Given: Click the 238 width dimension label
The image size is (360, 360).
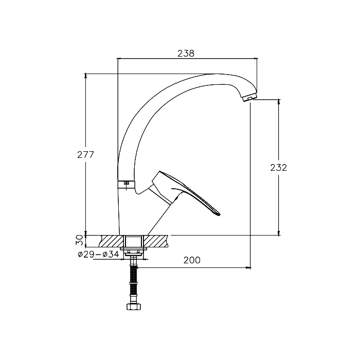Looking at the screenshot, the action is click(186, 53).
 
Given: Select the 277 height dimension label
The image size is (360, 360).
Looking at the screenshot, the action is click(86, 155).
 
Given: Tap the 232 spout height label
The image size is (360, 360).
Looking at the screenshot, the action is click(279, 168).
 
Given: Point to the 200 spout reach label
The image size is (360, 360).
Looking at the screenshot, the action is click(192, 260).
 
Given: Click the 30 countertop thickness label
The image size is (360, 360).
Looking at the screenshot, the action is click(80, 240).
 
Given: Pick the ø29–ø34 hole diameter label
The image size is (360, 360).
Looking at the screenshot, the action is click(98, 255).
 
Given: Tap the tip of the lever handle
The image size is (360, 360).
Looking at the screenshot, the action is click(219, 214).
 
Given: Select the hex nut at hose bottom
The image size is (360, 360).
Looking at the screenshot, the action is click(134, 307).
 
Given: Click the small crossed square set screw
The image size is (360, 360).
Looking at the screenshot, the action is click(127, 183).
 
